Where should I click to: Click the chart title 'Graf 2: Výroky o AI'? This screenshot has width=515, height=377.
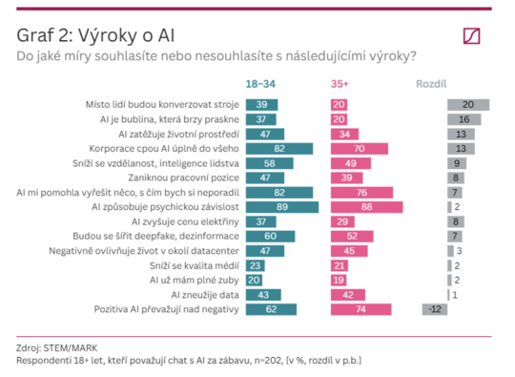(95, 35)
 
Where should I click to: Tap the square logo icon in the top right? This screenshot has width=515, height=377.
(472, 36)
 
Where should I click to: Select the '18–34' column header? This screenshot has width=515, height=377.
(260, 84)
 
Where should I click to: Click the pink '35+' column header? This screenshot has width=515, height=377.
(340, 84)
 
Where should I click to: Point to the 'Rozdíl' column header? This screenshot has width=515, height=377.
(431, 84)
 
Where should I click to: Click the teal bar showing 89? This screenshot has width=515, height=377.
(282, 207)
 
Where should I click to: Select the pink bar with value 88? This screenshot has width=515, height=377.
(367, 207)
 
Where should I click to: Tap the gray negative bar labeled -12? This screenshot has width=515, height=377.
(435, 309)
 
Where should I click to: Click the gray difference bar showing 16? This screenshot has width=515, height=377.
(464, 119)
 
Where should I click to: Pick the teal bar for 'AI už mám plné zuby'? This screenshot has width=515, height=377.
(254, 280)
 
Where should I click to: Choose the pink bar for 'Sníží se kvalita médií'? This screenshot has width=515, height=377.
(340, 265)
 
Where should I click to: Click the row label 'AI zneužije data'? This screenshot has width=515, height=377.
(205, 295)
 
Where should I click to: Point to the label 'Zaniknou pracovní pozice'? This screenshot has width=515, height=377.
(184, 178)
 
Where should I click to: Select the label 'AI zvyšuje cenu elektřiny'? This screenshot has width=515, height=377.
(185, 221)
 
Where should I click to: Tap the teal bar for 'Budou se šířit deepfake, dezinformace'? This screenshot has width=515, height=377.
(270, 237)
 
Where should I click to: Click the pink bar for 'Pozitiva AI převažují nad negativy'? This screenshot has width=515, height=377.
(360, 309)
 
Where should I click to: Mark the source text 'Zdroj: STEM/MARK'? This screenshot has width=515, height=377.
(57, 348)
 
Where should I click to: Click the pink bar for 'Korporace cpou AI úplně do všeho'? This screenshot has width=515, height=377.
(360, 149)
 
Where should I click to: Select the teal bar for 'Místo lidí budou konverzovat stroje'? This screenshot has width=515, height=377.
(261, 105)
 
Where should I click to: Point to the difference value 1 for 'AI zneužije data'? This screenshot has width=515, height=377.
(455, 295)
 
